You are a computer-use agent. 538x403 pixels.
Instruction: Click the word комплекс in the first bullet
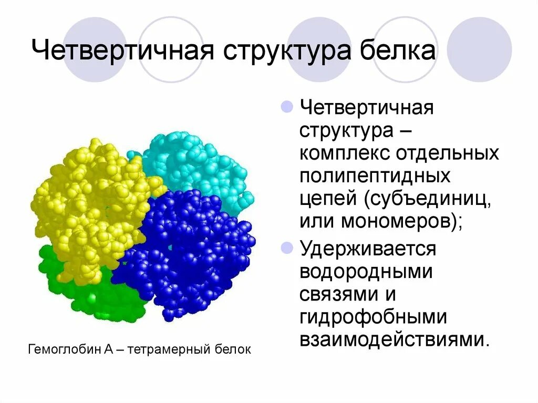(x=344, y=153)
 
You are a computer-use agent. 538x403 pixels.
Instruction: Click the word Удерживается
(x=368, y=249)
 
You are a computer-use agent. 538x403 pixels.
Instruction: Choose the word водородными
(x=366, y=272)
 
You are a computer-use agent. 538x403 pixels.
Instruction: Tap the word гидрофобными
(x=373, y=317)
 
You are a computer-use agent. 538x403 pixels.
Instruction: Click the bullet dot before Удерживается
(x=286, y=247)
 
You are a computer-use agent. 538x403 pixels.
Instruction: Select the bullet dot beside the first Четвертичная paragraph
(x=286, y=107)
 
